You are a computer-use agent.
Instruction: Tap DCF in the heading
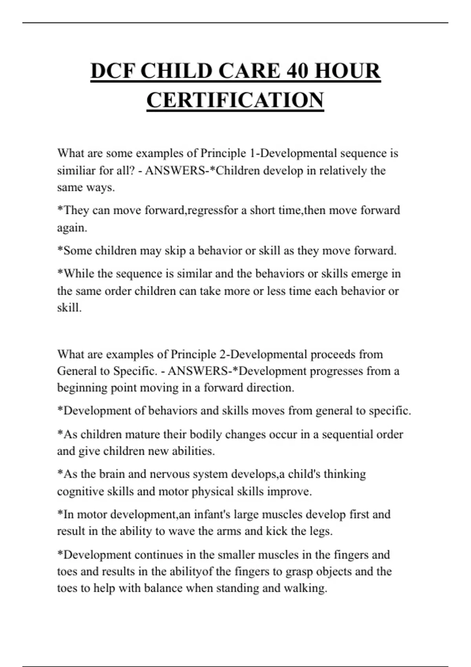[112, 71]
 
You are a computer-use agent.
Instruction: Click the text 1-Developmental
[293, 153]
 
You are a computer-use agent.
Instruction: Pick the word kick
[276, 531]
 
